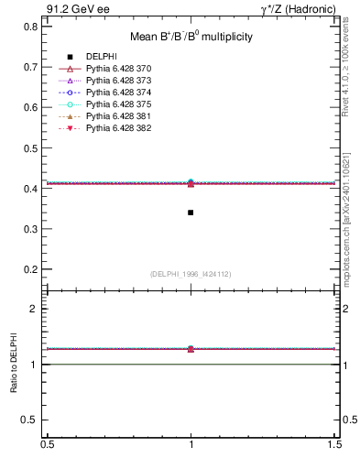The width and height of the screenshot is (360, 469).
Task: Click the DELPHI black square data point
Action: point(191,213)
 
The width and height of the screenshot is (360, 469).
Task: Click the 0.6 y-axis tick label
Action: point(31,107)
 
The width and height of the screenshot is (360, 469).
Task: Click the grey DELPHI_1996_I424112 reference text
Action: point(191,273)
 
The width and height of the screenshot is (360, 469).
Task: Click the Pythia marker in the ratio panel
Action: point(191,349)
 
